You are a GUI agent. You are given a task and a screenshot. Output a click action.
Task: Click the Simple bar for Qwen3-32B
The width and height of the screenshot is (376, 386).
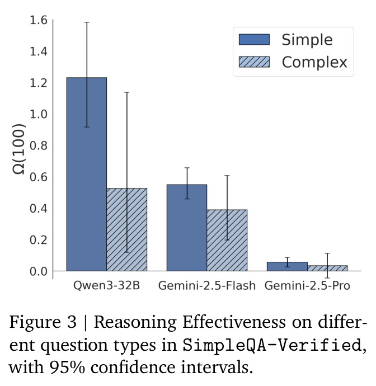pyautogui.click(x=86, y=175)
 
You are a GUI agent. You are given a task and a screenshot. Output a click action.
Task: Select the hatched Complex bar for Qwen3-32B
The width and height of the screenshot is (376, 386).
pyautogui.click(x=127, y=230)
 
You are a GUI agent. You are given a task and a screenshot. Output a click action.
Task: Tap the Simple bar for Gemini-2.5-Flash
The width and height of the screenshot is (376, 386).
pyautogui.click(x=187, y=228)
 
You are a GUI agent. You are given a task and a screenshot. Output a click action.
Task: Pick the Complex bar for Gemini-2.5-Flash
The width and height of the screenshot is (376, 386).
pyautogui.click(x=227, y=240)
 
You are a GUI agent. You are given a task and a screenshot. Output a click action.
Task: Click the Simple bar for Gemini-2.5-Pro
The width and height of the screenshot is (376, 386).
pyautogui.click(x=287, y=267)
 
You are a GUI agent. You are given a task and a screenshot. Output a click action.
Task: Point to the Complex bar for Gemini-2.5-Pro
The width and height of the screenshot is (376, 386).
pyautogui.click(x=327, y=269)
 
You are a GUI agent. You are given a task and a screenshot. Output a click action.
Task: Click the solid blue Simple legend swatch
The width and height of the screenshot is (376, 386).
pyautogui.click(x=254, y=39)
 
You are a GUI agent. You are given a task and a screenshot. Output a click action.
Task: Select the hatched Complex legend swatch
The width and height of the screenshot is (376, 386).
pyautogui.click(x=254, y=62)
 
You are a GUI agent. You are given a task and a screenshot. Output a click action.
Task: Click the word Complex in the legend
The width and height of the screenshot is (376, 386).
pyautogui.click(x=314, y=63)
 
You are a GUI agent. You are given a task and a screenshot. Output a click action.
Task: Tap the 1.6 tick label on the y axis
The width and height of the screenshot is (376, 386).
pyautogui.click(x=39, y=20)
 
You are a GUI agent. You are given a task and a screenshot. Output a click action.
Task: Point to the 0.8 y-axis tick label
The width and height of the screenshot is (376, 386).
pyautogui.click(x=39, y=146)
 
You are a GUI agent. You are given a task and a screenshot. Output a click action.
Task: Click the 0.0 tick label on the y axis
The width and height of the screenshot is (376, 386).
pyautogui.click(x=39, y=271)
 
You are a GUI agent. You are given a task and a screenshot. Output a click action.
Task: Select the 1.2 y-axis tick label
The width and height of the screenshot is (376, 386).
pyautogui.click(x=39, y=83)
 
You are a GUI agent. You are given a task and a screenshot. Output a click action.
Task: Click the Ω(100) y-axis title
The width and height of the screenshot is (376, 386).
pyautogui.click(x=19, y=149)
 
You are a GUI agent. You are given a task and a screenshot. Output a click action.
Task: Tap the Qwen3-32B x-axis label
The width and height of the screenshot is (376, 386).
pyautogui.click(x=106, y=285)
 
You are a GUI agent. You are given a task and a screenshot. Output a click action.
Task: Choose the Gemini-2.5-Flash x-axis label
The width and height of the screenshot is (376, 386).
pyautogui.click(x=207, y=285)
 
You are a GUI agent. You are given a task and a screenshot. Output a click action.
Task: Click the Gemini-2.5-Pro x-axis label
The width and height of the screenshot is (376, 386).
pyautogui.click(x=307, y=285)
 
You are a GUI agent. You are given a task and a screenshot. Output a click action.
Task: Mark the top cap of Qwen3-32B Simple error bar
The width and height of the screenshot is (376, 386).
pyautogui.click(x=87, y=22)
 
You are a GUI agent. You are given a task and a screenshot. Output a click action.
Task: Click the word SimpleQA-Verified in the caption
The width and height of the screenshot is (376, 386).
pyautogui.click(x=272, y=345)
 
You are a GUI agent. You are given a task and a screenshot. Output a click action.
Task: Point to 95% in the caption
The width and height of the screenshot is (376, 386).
pyautogui.click(x=67, y=368)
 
